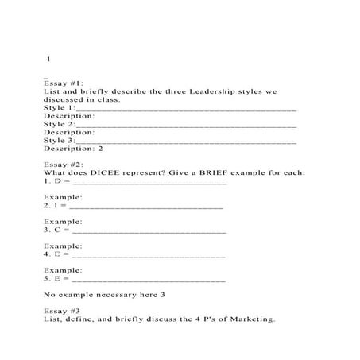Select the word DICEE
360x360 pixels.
114,172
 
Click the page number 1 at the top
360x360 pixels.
48,60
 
